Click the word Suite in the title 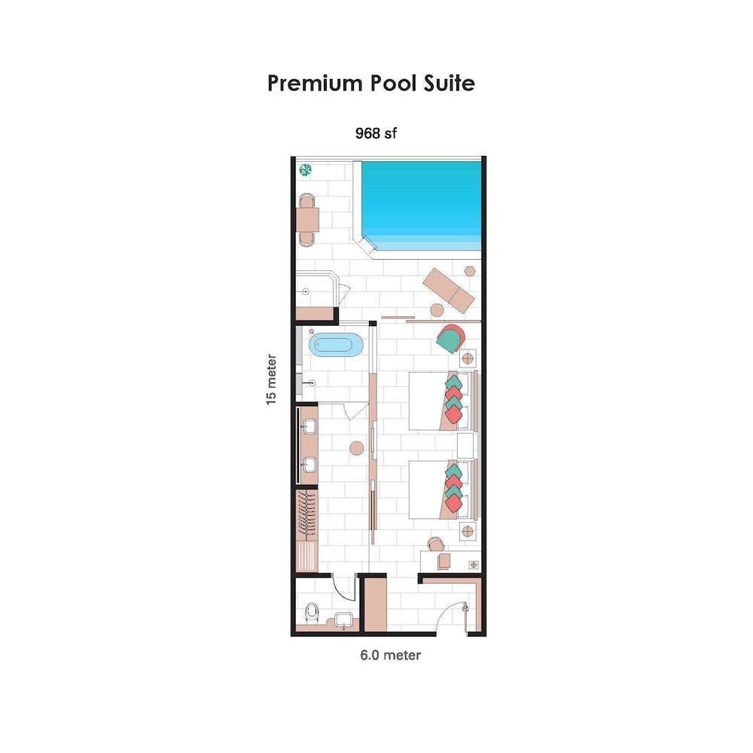coord(444,83)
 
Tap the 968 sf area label coord(376,134)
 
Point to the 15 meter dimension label coord(272,380)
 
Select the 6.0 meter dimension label coord(390,655)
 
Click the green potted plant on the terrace coord(306,170)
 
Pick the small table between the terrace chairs coord(307,219)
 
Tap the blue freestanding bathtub coord(336,346)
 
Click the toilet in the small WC coord(311,614)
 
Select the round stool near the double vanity coord(356,449)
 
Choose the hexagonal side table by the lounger coord(470,271)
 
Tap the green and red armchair coord(450,339)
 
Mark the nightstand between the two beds coord(467,444)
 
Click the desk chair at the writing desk coord(435,544)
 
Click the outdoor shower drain coord(306,291)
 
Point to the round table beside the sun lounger coord(437,309)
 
